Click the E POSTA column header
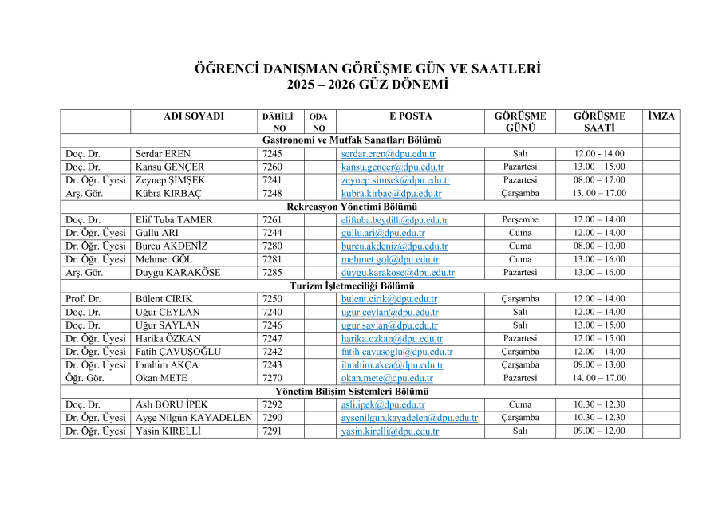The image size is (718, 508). (410, 116)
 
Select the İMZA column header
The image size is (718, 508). (661, 116)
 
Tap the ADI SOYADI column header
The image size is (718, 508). (194, 116)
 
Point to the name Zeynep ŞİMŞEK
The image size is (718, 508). (170, 180)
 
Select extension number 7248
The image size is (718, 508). (272, 194)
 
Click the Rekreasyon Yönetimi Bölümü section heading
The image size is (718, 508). (351, 207)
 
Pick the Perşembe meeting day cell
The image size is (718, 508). (520, 220)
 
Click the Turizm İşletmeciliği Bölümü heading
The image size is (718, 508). (351, 286)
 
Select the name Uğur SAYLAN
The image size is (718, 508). (167, 325)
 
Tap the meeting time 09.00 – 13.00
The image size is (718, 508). (600, 365)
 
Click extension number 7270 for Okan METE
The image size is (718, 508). (272, 379)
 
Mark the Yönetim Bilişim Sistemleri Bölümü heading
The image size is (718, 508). (352, 392)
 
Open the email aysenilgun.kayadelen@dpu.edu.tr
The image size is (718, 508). (409, 418)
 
